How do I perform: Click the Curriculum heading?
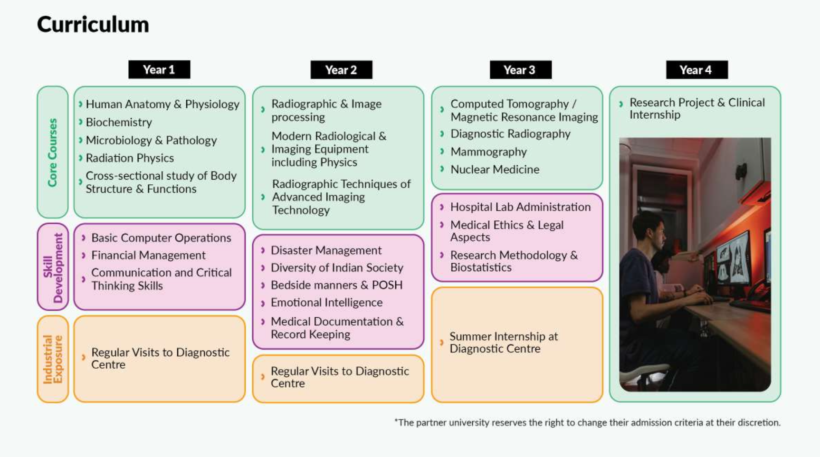[x=93, y=25]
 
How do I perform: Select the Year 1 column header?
[x=159, y=69]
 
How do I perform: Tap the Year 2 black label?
[x=341, y=70]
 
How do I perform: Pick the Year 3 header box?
[x=520, y=70]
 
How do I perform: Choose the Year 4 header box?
[x=696, y=70]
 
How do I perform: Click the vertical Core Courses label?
[x=52, y=152]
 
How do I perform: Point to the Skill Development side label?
[x=53, y=267]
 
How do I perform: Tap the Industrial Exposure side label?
[x=53, y=359]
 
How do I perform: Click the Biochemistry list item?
[x=119, y=122]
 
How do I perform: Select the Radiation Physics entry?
[x=130, y=158]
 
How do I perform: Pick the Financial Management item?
[x=148, y=255]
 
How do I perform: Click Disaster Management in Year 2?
[x=326, y=250]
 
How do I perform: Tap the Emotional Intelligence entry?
[x=326, y=303]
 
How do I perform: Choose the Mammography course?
[x=488, y=152]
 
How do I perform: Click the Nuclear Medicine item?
[x=495, y=170]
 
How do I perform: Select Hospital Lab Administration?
[x=520, y=207]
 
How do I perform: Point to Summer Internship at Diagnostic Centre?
[x=504, y=343]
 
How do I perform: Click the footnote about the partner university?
[x=587, y=422]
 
